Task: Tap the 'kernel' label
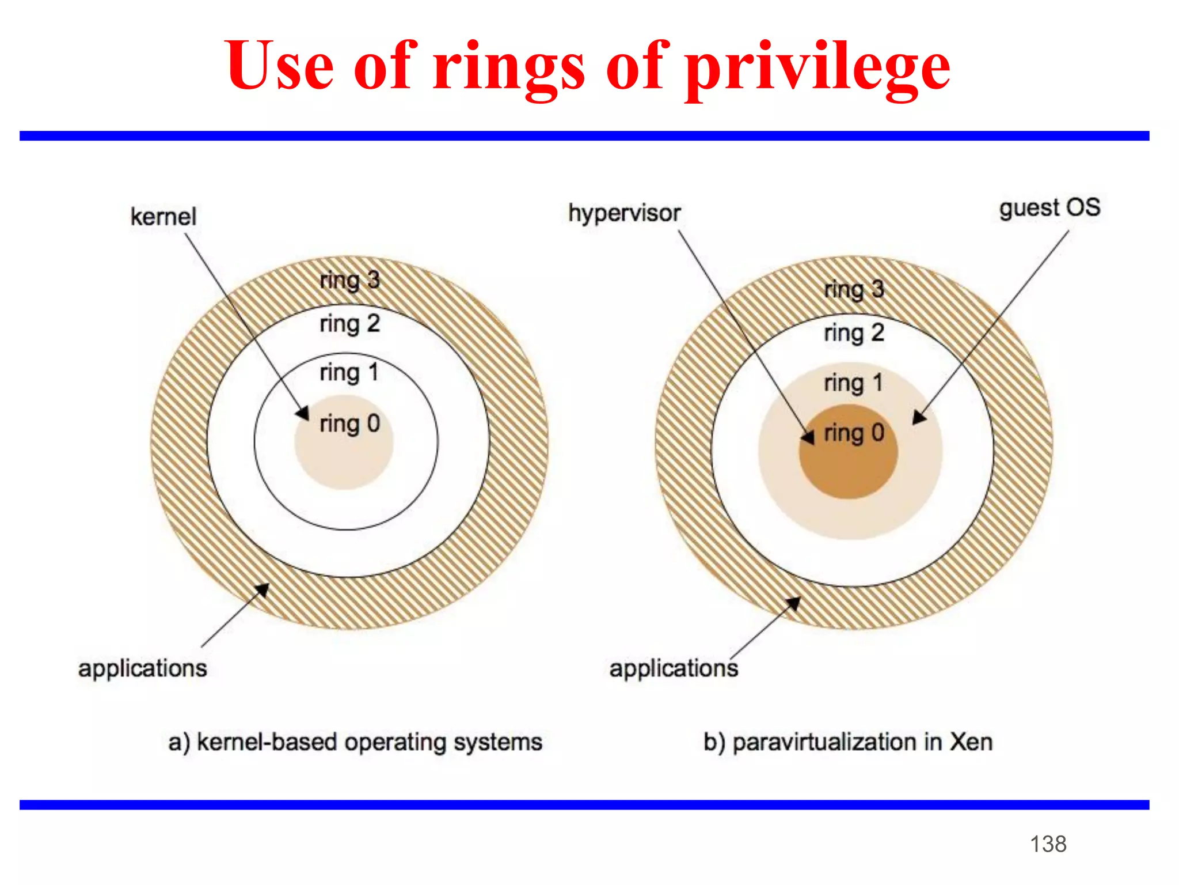click(163, 217)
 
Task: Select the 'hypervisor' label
click(624, 213)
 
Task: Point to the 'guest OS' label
click(1049, 208)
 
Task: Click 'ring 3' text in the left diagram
click(349, 281)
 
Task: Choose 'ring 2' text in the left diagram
click(349, 324)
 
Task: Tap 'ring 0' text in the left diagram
click(349, 424)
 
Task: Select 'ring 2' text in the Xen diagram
click(854, 333)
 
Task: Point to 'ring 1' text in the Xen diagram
click(854, 383)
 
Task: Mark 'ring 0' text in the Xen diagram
click(854, 433)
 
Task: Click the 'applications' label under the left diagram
click(142, 669)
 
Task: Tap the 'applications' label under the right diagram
click(674, 669)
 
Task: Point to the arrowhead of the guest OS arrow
click(919, 418)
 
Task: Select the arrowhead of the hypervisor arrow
click(809, 438)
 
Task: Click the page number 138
click(1048, 844)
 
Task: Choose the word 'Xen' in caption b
click(971, 742)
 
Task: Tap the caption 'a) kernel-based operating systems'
click(355, 742)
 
